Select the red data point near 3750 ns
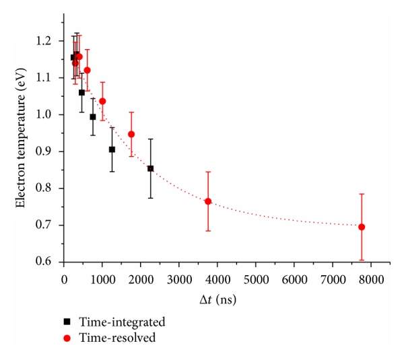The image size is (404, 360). click(208, 201)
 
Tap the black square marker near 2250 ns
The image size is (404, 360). click(151, 168)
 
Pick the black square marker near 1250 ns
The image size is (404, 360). click(112, 149)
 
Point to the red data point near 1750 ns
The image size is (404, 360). click(131, 134)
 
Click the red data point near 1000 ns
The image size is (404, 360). click(102, 101)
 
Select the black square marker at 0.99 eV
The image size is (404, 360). click(93, 117)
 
